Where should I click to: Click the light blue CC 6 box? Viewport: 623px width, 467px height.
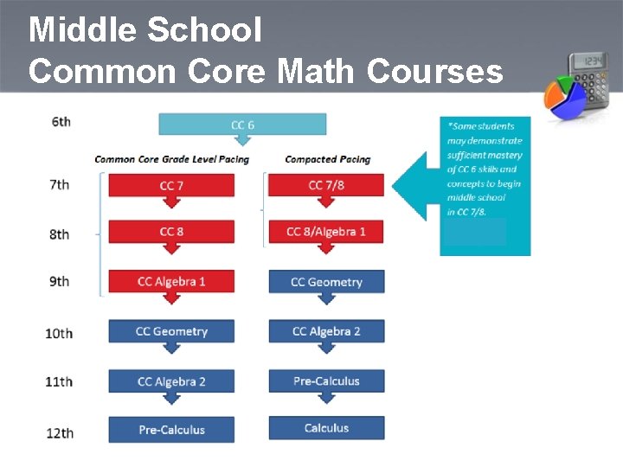click(x=242, y=125)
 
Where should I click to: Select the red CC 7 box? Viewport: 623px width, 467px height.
click(x=171, y=185)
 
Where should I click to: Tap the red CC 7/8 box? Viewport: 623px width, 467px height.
click(x=325, y=185)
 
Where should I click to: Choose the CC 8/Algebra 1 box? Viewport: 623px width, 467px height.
click(x=325, y=232)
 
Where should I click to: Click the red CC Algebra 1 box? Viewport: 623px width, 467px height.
click(x=171, y=281)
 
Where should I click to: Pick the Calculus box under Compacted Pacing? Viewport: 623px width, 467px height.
click(x=326, y=427)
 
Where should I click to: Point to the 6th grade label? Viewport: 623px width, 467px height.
click(x=61, y=122)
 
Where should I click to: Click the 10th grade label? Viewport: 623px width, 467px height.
click(x=59, y=333)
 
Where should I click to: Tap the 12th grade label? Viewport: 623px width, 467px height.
click(x=59, y=432)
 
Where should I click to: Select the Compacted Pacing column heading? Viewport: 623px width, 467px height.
click(x=327, y=159)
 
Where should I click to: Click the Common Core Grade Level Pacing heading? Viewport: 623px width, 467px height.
click(x=171, y=159)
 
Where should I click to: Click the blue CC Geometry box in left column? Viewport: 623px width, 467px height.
click(x=171, y=331)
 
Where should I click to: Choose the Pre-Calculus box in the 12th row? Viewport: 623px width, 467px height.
click(x=171, y=430)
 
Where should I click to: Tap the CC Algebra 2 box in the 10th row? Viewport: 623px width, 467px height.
click(x=326, y=331)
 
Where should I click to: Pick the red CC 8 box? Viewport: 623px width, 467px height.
click(x=171, y=232)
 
